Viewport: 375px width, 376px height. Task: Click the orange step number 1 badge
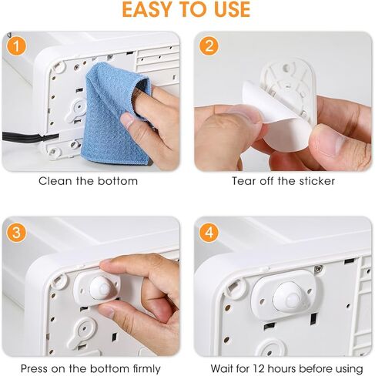[16, 46]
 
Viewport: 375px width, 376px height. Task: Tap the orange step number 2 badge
[209, 46]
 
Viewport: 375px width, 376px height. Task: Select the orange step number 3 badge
[16, 233]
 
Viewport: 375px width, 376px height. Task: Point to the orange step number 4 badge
[209, 233]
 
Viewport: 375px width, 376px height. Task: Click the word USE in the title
[233, 9]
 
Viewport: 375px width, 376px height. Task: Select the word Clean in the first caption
[55, 181]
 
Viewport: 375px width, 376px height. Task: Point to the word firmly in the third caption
[146, 369]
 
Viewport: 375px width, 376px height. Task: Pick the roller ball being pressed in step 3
[102, 288]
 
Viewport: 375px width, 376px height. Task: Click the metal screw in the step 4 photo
[318, 269]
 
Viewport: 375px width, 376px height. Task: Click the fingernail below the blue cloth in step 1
[127, 119]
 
